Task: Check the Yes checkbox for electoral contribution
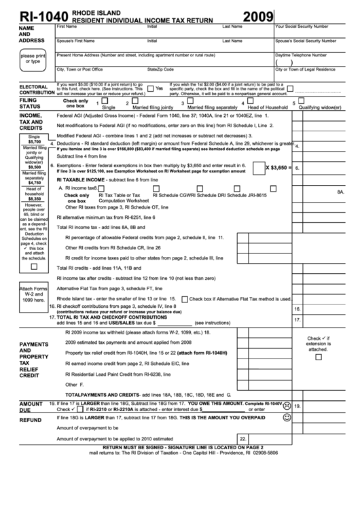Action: tap(150, 88)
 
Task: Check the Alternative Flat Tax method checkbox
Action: tap(183, 299)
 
